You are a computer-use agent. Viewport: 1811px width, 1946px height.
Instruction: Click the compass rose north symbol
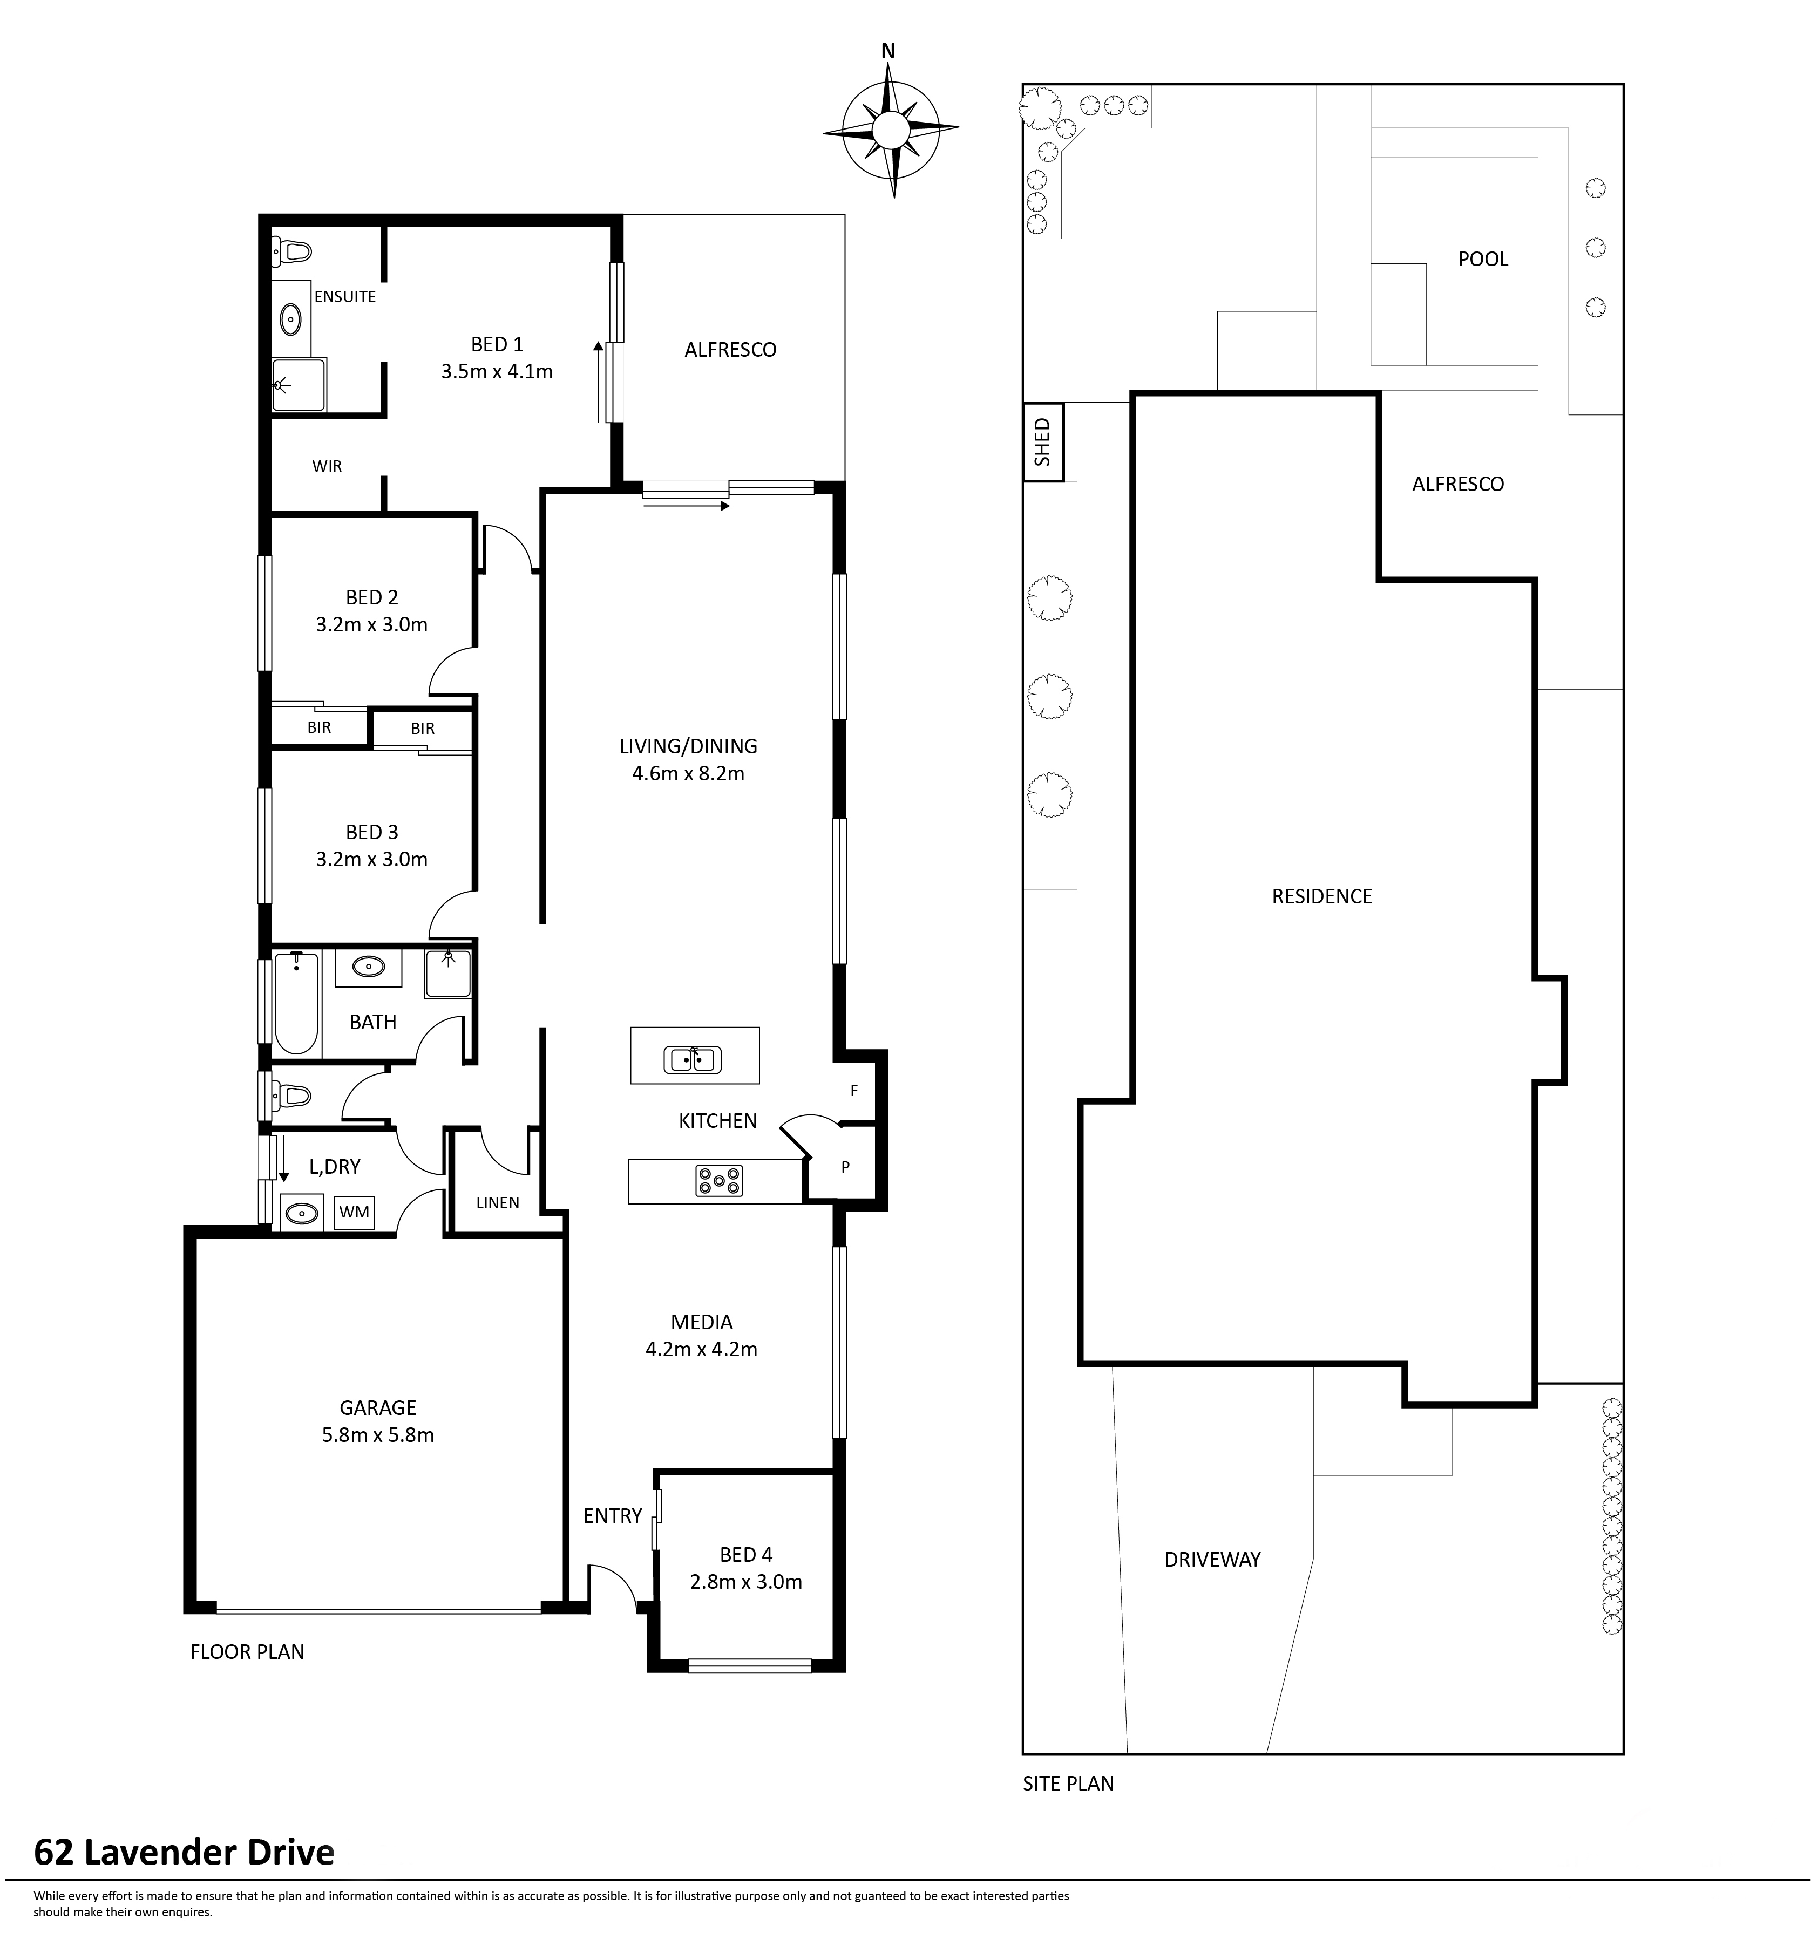[889, 129]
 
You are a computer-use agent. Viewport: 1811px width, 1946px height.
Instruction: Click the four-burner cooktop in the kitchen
[718, 1181]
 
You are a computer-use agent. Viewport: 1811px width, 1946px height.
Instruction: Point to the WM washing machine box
[354, 1212]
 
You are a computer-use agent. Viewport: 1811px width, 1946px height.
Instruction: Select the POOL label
[1482, 260]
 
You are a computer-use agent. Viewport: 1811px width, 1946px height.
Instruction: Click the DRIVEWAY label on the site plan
[1212, 1560]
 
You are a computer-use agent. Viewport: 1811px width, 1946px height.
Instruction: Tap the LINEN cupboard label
[497, 1203]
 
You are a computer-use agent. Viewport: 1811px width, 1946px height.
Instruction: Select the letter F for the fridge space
[853, 1091]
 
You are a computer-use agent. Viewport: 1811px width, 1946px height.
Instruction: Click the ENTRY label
[612, 1516]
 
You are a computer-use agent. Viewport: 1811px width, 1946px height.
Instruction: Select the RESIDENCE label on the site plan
[1321, 897]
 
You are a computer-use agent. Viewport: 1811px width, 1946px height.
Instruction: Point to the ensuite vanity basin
[291, 319]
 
